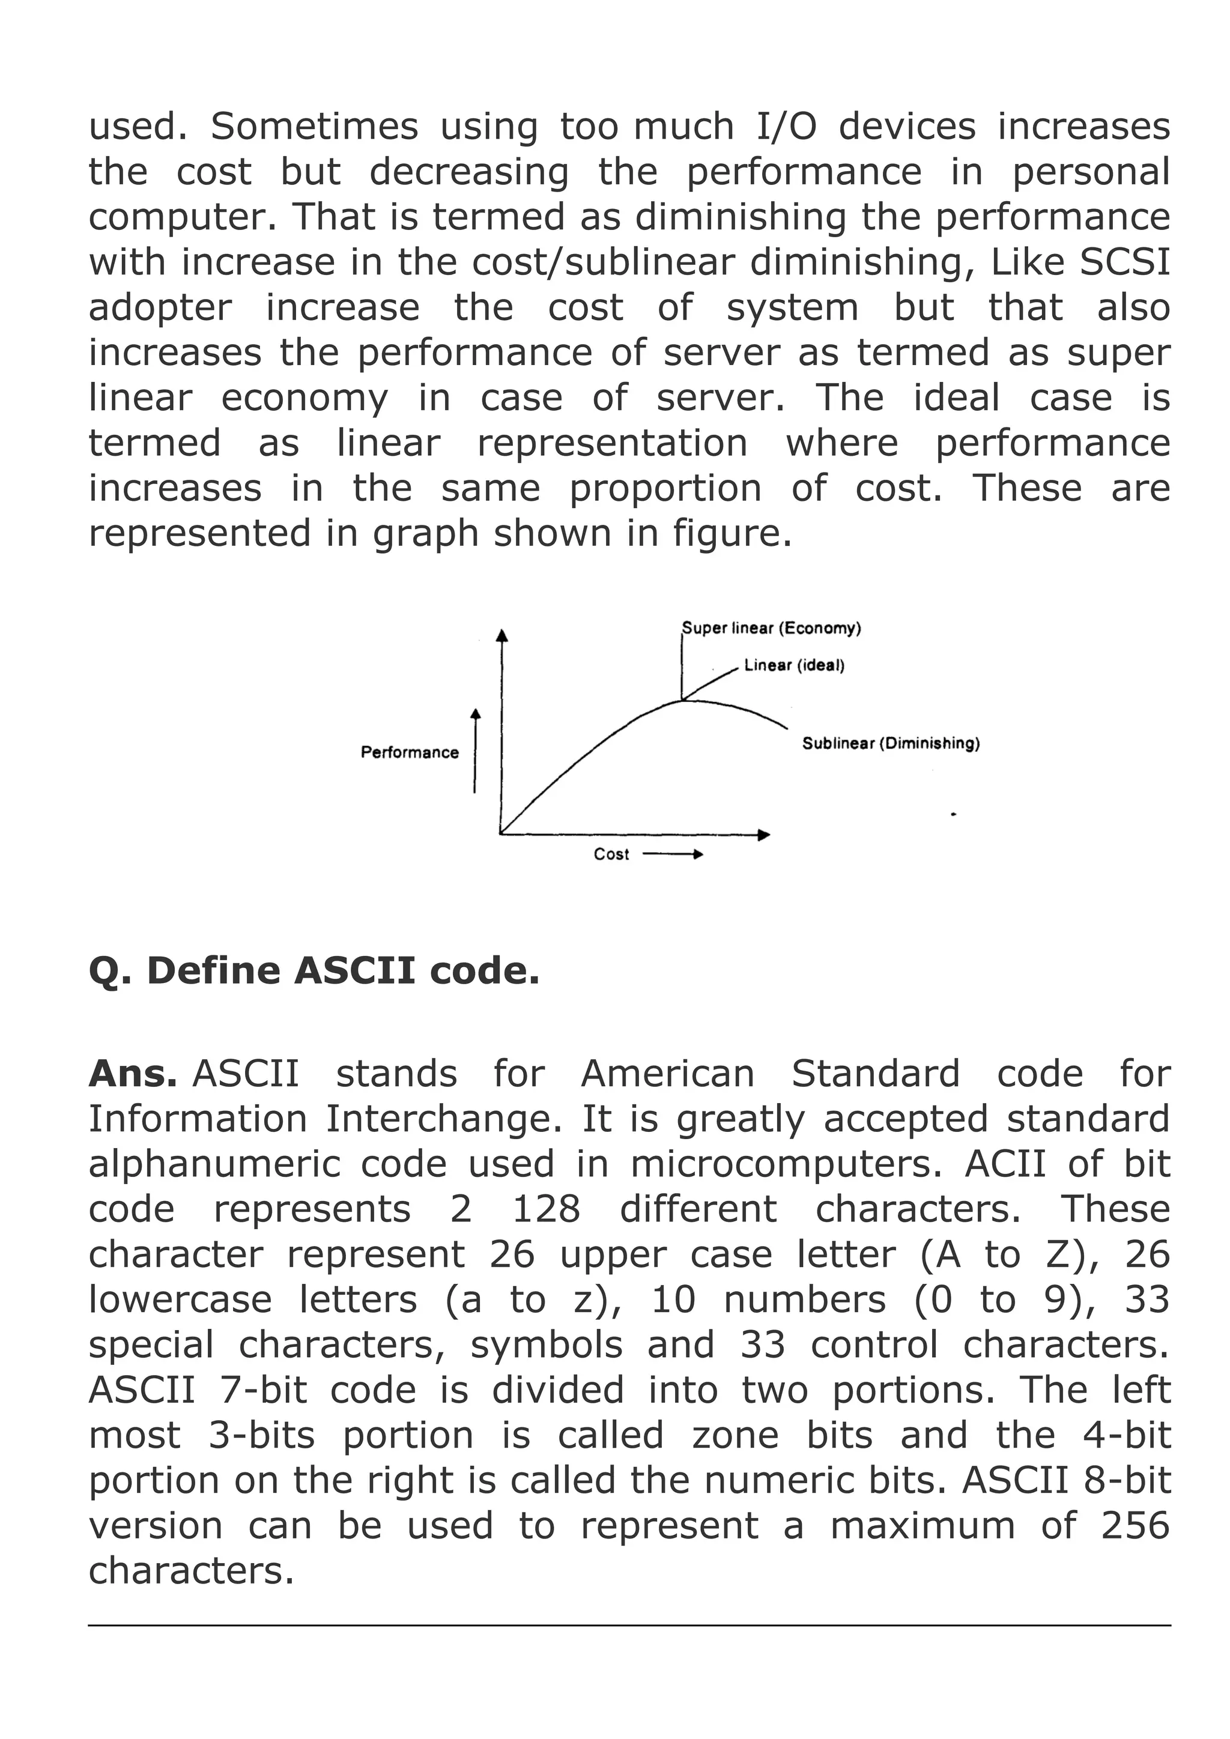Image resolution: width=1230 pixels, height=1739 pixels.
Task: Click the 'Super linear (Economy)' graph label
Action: [x=771, y=628]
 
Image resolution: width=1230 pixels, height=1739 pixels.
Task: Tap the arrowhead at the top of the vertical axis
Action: [x=501, y=635]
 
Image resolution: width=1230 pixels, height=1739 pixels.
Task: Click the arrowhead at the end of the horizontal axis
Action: [x=763, y=835]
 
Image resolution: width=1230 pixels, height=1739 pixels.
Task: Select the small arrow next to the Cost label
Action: [x=673, y=854]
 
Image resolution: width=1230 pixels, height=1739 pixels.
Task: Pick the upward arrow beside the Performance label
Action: [x=475, y=750]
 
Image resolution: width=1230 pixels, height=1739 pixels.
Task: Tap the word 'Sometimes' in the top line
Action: [x=314, y=127]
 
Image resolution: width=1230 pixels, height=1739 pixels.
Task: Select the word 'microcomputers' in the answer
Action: [x=786, y=1164]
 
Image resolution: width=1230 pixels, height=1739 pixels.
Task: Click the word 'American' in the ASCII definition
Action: [x=667, y=1074]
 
